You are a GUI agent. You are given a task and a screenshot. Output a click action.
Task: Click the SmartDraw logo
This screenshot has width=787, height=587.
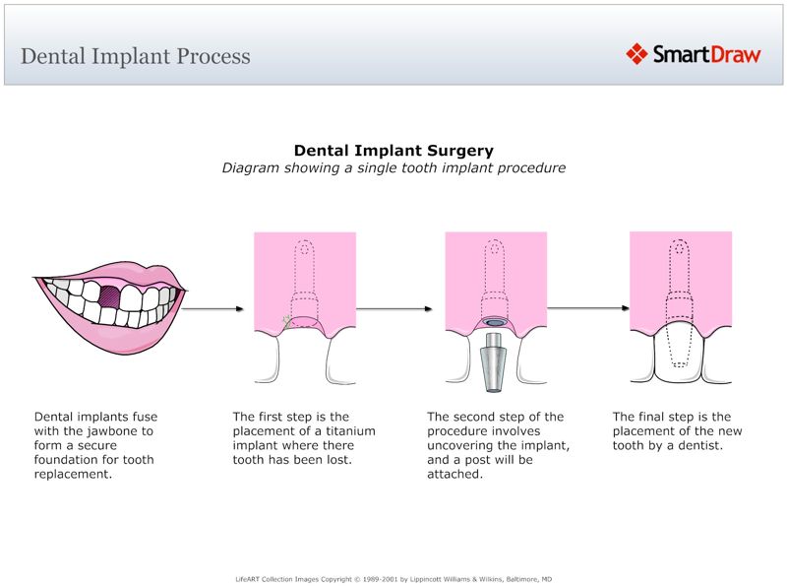(694, 54)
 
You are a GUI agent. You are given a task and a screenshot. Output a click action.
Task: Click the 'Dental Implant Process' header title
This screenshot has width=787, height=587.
(136, 56)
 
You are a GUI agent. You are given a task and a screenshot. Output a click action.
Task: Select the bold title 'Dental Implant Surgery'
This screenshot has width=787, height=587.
(393, 151)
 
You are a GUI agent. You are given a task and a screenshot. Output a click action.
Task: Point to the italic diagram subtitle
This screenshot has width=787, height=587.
(393, 167)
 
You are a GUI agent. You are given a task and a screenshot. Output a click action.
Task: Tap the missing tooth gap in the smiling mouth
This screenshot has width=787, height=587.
(111, 295)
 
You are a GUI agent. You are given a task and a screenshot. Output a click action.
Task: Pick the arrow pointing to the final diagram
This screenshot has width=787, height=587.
(587, 309)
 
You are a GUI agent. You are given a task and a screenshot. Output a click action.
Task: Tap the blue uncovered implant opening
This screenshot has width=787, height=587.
(495, 322)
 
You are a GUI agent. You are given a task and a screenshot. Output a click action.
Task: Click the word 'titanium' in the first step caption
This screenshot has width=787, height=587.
(349, 431)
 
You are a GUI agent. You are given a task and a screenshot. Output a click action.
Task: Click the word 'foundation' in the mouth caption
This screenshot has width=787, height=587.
(67, 460)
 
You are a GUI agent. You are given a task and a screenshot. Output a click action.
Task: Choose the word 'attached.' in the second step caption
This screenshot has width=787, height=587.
(454, 474)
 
